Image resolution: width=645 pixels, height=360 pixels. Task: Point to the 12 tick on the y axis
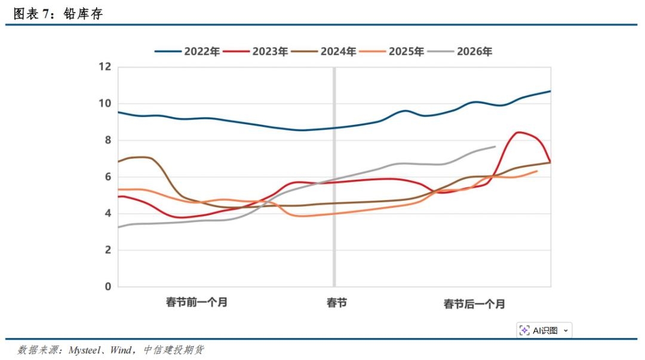click(105, 67)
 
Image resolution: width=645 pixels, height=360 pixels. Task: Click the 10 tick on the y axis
click(105, 103)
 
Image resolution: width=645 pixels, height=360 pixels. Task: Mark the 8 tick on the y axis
click(107, 140)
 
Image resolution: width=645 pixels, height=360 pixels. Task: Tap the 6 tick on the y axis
click(107, 177)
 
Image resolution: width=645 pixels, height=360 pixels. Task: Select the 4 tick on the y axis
click(107, 213)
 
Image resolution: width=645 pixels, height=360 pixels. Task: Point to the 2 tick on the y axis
click(107, 250)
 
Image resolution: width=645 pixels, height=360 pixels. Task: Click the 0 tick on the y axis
click(107, 287)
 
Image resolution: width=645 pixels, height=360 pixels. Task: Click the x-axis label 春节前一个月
click(196, 302)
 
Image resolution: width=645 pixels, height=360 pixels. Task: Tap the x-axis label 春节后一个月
click(474, 304)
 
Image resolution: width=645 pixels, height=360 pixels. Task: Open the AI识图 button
click(543, 330)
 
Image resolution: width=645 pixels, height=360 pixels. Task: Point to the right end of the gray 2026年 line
click(495, 146)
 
